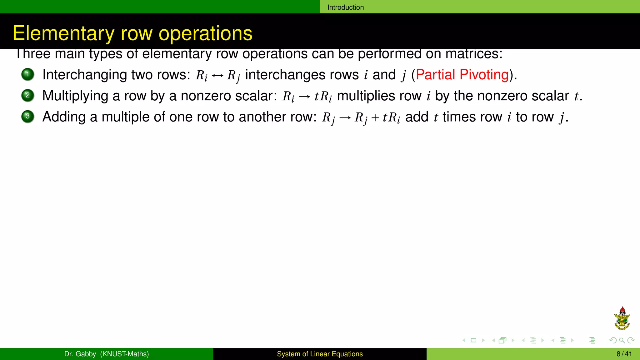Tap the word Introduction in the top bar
345,7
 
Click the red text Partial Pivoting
462,75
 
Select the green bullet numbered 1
27,74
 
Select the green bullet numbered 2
27,95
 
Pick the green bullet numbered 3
27,117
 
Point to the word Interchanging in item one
84,75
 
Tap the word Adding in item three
64,117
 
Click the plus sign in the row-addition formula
375,118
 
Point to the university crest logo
622,318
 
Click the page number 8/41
624,354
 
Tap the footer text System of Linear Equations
320,354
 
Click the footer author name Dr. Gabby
80,354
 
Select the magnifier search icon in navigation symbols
622,340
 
